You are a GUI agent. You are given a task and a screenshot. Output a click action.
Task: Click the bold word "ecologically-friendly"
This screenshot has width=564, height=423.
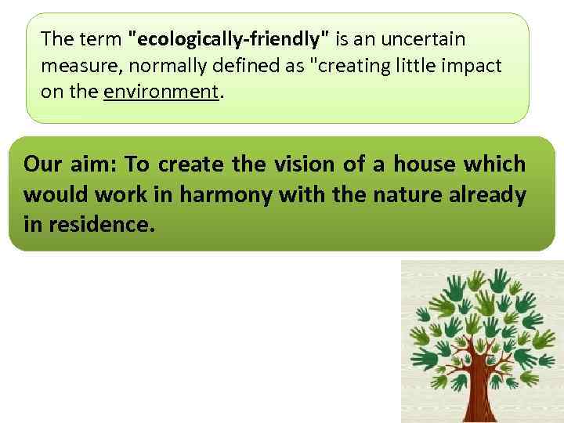click(x=229, y=38)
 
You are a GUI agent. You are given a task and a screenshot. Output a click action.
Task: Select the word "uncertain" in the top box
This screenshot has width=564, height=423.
click(x=426, y=38)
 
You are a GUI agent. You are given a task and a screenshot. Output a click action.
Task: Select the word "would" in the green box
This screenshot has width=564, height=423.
click(x=55, y=194)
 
